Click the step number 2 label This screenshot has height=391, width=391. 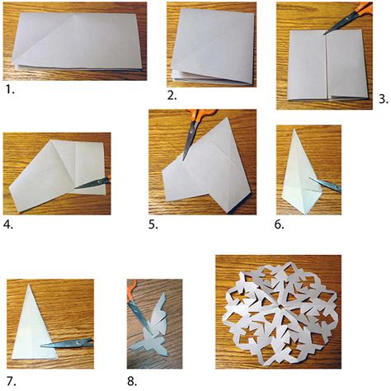(172, 96)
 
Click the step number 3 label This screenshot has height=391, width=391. (383, 99)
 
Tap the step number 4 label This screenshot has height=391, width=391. (7, 222)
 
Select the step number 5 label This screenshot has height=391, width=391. (153, 223)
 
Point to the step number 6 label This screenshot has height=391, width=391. (280, 223)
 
